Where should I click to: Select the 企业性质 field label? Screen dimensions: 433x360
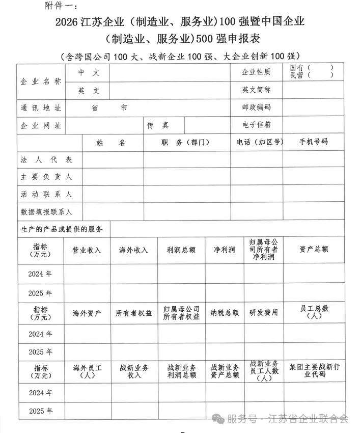tap(256, 72)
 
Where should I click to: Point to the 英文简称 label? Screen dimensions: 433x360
tap(256, 90)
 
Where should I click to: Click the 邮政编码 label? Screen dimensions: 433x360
tap(257, 107)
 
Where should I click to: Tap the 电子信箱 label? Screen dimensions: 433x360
tap(257, 125)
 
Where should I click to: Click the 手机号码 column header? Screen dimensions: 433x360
tap(314, 142)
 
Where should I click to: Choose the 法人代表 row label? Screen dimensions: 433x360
tap(46, 159)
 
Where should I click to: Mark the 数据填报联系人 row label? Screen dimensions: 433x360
tap(46, 211)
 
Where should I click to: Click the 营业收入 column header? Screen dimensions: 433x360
tap(87, 250)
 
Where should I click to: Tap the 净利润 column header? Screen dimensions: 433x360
tap(225, 250)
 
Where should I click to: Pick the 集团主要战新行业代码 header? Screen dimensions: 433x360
tap(314, 370)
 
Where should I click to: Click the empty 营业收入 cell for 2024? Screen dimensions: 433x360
tap(87, 274)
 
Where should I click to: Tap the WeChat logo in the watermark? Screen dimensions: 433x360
tap(218, 419)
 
